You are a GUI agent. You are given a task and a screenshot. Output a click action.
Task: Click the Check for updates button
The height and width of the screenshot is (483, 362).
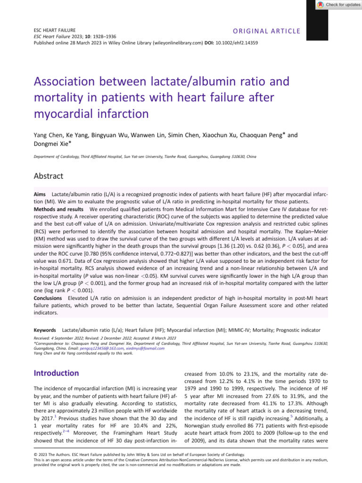coord(338,4)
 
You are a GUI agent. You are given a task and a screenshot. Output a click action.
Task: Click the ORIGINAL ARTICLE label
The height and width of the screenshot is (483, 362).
coord(266,31)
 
